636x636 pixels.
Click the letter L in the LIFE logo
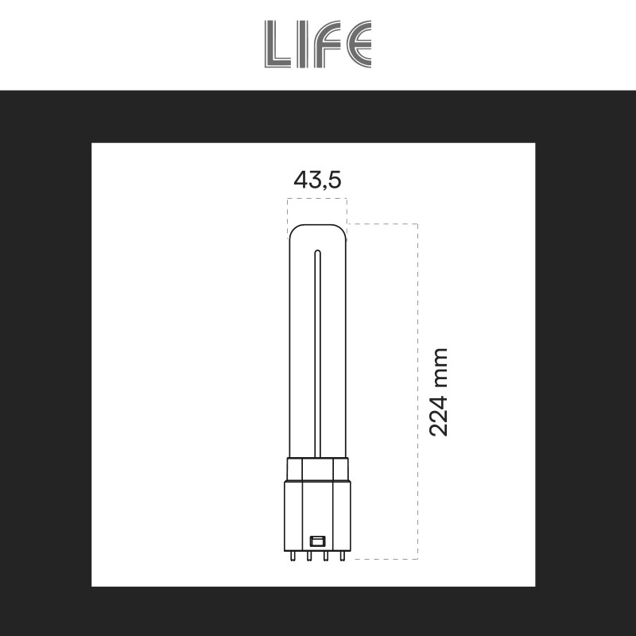pyautogui.click(x=277, y=44)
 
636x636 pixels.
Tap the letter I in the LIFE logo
pyautogui.click(x=302, y=44)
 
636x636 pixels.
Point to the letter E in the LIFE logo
pyautogui.click(x=359, y=44)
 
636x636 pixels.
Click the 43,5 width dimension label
pyautogui.click(x=317, y=180)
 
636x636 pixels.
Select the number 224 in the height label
pyautogui.click(x=438, y=415)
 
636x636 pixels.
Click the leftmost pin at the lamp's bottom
pyautogui.click(x=293, y=556)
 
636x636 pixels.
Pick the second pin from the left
pyautogui.click(x=309, y=556)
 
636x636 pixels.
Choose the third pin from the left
pyautogui.click(x=326, y=556)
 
